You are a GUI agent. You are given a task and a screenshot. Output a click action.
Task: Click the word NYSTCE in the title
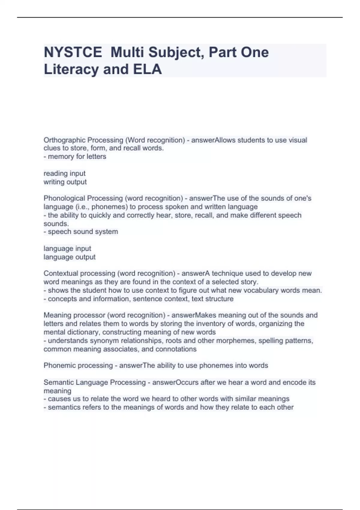click(73, 52)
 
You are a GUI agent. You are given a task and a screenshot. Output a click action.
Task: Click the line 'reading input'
click(64, 173)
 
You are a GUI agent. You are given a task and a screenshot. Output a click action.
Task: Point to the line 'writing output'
click(65, 182)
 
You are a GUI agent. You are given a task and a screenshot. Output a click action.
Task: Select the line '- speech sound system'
click(81, 232)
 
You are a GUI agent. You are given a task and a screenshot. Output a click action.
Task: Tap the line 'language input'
click(67, 248)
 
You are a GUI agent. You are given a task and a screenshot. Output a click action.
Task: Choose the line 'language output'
click(70, 257)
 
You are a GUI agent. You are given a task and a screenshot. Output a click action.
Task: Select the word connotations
click(177, 349)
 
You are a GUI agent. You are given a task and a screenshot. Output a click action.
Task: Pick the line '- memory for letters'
click(75, 157)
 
